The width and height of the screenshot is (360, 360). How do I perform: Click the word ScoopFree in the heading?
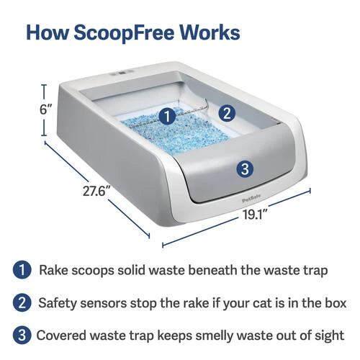123,32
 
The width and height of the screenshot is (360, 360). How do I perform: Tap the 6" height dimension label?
46,110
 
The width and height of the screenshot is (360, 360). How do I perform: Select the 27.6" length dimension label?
94,192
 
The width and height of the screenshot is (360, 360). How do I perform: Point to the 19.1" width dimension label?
256,214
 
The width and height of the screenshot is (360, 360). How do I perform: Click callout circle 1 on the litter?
167,117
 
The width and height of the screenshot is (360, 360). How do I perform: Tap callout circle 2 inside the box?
227,113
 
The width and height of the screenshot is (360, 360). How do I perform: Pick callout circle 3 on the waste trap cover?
245,169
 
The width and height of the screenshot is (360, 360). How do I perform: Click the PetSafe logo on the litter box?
251,200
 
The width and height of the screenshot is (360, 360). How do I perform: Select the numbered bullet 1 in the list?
22,270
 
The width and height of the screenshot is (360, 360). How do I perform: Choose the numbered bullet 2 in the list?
22,302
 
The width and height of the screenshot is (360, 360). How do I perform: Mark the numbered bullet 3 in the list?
22,335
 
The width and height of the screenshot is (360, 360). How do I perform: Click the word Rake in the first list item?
53,270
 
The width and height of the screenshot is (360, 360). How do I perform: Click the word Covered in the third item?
62,336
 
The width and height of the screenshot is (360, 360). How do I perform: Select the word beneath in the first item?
212,270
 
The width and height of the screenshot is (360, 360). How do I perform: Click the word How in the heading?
48,32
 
